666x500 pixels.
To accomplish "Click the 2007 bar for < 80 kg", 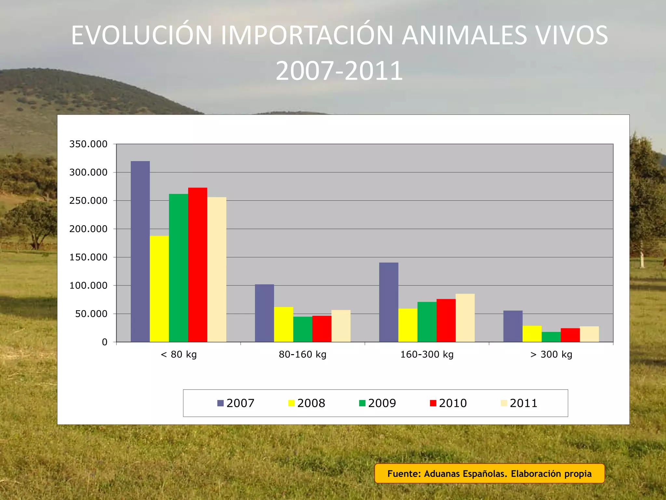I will click(x=140, y=251).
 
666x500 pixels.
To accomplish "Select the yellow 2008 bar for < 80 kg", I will click(x=159, y=289).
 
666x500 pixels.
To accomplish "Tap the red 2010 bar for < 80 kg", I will click(x=197, y=265).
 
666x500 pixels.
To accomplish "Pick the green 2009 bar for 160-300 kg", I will click(x=427, y=322).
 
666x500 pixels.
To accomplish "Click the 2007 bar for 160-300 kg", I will click(x=389, y=302).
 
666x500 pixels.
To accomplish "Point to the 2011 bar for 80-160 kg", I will click(x=341, y=326).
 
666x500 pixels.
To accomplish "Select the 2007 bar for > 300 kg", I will click(x=513, y=326).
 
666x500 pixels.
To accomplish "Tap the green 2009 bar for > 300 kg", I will click(x=551, y=337).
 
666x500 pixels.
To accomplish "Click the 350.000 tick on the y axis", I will click(x=88, y=144).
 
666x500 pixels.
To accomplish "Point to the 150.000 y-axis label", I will click(x=88, y=257).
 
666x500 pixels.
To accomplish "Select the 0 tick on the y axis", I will click(x=104, y=342).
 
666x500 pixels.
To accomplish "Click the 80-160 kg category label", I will click(x=302, y=354).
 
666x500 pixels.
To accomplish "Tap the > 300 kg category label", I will click(x=551, y=354).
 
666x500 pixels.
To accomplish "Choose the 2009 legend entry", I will click(x=378, y=403).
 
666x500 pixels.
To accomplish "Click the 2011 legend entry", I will click(x=519, y=403).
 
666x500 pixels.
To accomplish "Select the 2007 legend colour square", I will click(x=220, y=403).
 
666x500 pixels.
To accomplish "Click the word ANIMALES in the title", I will click(x=464, y=35).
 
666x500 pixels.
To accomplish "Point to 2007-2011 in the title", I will click(x=339, y=71).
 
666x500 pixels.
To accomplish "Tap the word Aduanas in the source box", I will click(x=441, y=474).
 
